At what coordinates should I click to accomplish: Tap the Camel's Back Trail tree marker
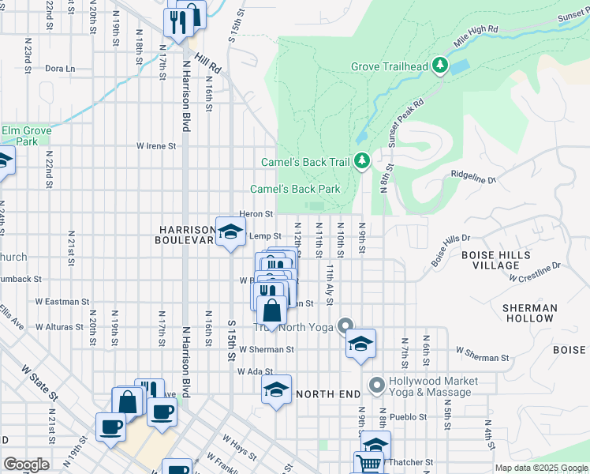362,161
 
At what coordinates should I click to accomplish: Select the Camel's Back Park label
295,189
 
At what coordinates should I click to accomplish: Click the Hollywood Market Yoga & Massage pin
376,386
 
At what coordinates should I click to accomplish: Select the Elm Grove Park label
26,136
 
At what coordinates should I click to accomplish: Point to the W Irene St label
155,145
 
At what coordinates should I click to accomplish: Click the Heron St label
256,213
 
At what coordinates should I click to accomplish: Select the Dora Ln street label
59,69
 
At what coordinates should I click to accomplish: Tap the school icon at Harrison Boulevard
230,232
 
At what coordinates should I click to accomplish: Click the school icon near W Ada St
276,389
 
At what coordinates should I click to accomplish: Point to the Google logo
26,464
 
